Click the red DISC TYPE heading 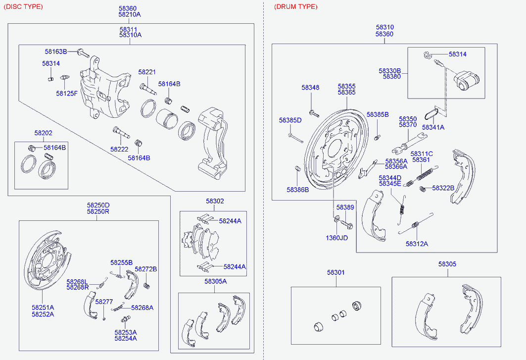(x=23, y=7)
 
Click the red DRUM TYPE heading (x=295, y=7)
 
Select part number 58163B (x=56, y=51)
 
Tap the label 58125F (x=67, y=94)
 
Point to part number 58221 (x=147, y=72)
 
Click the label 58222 (x=119, y=149)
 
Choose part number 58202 (x=43, y=133)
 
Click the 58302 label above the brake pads (x=215, y=201)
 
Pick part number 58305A (x=216, y=281)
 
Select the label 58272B (x=146, y=269)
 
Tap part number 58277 (x=104, y=302)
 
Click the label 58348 (x=310, y=88)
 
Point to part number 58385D (x=290, y=120)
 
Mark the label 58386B (x=298, y=190)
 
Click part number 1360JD (x=337, y=238)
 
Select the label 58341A (x=433, y=127)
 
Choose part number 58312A (x=417, y=244)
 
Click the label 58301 (x=336, y=272)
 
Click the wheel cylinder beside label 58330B (x=466, y=81)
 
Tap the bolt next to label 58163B (x=83, y=52)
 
